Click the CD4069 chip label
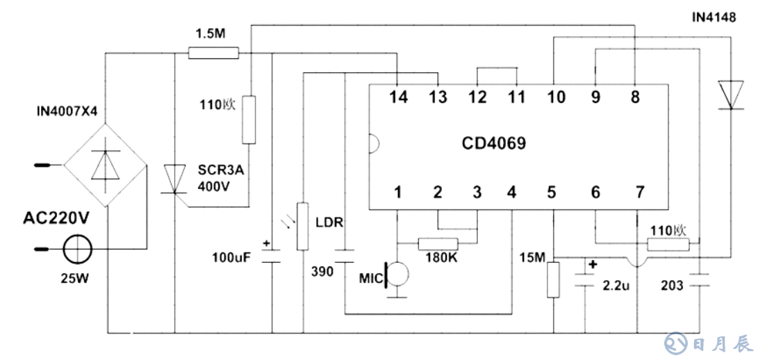pyautogui.click(x=494, y=144)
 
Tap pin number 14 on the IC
pyautogui.click(x=398, y=97)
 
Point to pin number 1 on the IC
pyautogui.click(x=398, y=193)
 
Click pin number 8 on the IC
pyautogui.click(x=635, y=97)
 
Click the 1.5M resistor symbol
pyautogui.click(x=213, y=52)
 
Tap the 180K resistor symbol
pyautogui.click(x=438, y=243)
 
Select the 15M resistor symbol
pyautogui.click(x=553, y=279)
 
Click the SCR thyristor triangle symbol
pyautogui.click(x=174, y=179)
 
